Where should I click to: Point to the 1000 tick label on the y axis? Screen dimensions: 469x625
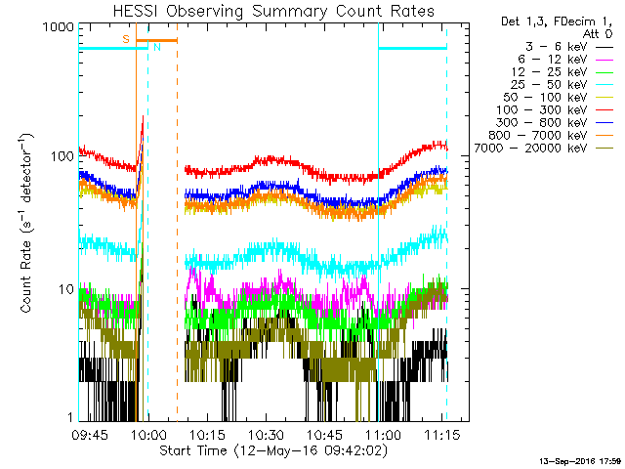point(57,29)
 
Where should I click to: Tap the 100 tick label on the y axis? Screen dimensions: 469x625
point(61,157)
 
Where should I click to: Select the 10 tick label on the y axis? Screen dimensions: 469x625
point(64,289)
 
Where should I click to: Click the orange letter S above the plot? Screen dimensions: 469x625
point(125,38)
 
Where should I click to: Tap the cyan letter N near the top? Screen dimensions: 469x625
point(156,47)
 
